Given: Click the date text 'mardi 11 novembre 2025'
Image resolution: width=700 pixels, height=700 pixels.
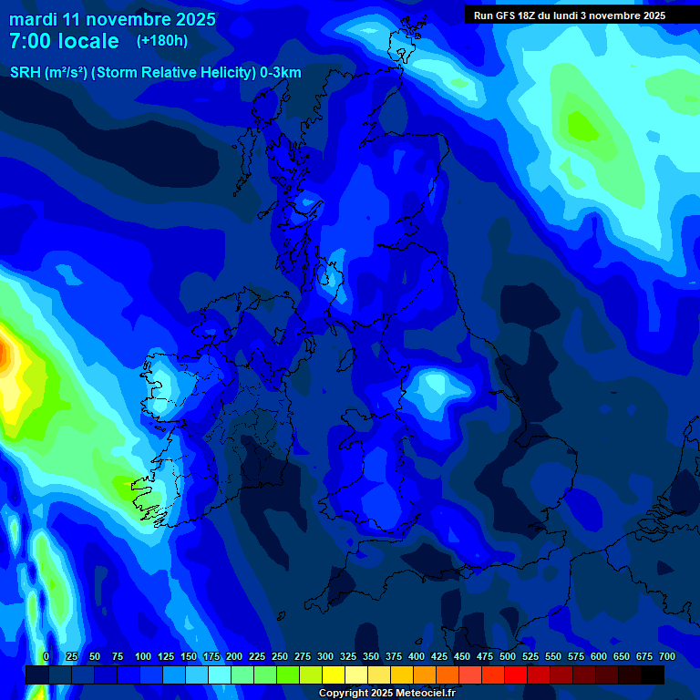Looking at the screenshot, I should point(112,19).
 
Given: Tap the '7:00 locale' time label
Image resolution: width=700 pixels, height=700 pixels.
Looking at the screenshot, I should point(64,41).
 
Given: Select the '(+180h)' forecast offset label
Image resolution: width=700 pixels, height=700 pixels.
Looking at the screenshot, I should point(162,41).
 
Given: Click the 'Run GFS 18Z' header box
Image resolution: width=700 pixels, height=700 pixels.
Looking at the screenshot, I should point(569,15).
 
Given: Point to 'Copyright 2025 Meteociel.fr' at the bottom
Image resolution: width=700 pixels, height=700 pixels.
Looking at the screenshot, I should point(387,693).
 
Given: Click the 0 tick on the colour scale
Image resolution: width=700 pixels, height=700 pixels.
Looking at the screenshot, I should point(46,656).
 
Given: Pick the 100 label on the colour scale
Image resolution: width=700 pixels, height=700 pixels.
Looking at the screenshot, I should point(142,656).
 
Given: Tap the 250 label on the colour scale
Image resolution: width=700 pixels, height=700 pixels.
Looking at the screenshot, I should point(279,656).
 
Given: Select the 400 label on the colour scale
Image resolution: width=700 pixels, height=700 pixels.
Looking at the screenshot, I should point(417,656).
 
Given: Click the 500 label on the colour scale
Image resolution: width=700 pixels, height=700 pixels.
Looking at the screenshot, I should point(508,656).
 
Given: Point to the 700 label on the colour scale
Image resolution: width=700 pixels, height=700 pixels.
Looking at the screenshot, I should point(667,656).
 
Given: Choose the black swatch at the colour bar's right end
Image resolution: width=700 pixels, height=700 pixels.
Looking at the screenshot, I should point(653,674).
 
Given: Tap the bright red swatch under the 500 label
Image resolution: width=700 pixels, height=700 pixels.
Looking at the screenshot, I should point(516,674).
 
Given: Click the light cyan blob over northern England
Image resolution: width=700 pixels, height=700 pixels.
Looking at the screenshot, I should point(434,387).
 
